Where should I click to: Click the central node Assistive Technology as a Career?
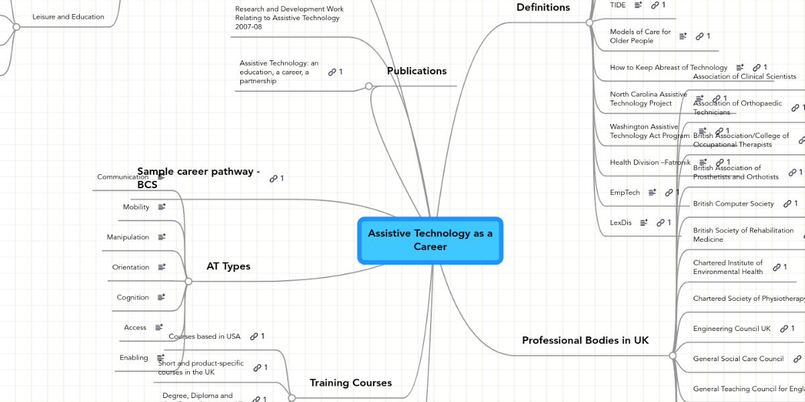click(x=430, y=240)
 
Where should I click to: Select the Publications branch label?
click(x=417, y=71)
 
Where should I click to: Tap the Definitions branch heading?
click(x=543, y=7)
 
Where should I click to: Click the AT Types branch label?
click(x=228, y=267)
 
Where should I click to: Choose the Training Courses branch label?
click(x=350, y=383)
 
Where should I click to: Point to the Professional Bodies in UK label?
click(x=586, y=340)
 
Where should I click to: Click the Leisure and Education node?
click(x=68, y=17)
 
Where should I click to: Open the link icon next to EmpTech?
click(x=669, y=193)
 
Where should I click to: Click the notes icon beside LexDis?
click(x=644, y=222)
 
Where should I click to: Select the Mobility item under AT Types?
click(x=136, y=208)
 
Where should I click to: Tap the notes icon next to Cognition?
click(x=161, y=297)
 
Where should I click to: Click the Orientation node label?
click(x=131, y=267)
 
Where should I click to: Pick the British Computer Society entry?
click(x=733, y=204)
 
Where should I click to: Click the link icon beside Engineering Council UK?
click(x=783, y=329)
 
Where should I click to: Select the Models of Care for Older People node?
click(x=640, y=36)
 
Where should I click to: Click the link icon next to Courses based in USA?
click(x=254, y=336)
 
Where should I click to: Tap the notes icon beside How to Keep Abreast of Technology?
click(x=740, y=68)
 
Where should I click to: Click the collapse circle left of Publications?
click(x=368, y=86)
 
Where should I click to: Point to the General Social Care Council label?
click(x=738, y=359)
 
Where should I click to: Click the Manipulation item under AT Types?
click(x=128, y=237)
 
